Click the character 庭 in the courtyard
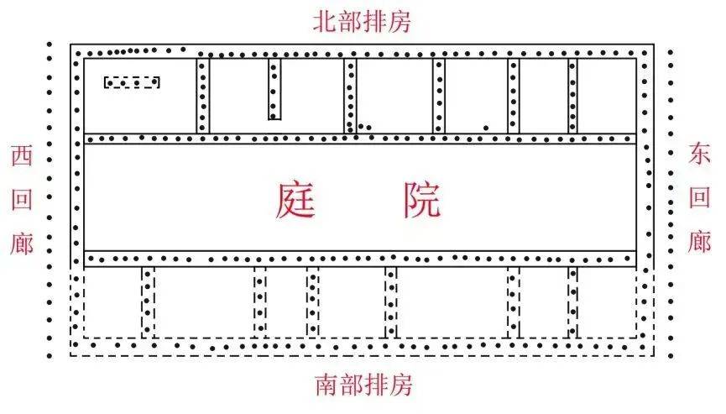pyautogui.click(x=295, y=200)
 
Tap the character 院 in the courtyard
pyautogui.click(x=422, y=200)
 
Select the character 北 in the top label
pyautogui.click(x=325, y=22)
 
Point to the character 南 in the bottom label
pyautogui.click(x=326, y=385)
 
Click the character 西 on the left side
pyautogui.click(x=22, y=155)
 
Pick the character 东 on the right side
pyautogui.click(x=698, y=154)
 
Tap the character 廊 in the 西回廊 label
pyautogui.click(x=22, y=244)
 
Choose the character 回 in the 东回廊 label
pyautogui.click(x=699, y=197)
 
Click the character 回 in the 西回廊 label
pyautogui.click(x=22, y=199)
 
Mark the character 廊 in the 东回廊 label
pyautogui.click(x=699, y=242)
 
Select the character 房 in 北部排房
pyautogui.click(x=400, y=22)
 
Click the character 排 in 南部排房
pyautogui.click(x=376, y=385)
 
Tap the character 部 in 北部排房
pyautogui.click(x=350, y=22)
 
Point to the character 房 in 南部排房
pyautogui.click(x=401, y=385)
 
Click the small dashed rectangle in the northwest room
pyautogui.click(x=132, y=82)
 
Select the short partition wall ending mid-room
pyautogui.click(x=274, y=89)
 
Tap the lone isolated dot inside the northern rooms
pyautogui.click(x=486, y=128)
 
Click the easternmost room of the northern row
pyautogui.click(x=607, y=96)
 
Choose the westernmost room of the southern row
pyautogui.click(x=113, y=302)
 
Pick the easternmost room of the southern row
pyautogui.click(x=607, y=302)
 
